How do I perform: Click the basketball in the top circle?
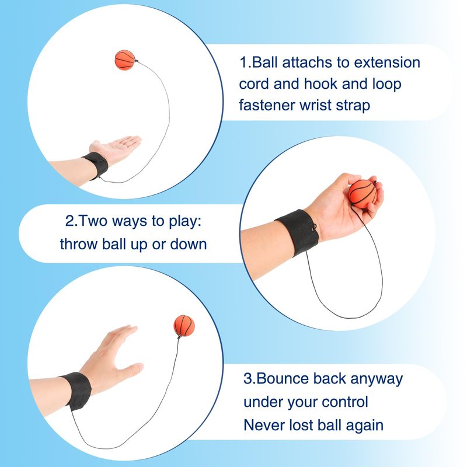(x=125, y=60)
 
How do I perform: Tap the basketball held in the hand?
(x=363, y=194)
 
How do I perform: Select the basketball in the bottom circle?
(x=184, y=326)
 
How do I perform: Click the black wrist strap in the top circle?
(x=97, y=165)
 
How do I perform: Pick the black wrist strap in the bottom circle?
(x=76, y=391)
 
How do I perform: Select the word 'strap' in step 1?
(x=353, y=106)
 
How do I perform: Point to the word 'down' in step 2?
(x=188, y=244)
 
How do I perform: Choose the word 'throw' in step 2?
(x=79, y=244)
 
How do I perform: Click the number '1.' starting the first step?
(x=245, y=63)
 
